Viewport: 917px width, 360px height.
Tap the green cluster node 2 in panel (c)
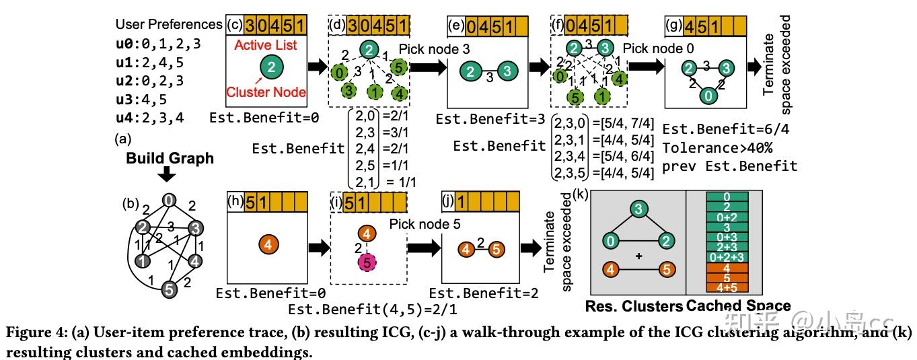click(x=270, y=67)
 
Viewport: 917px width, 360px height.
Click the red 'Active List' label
click(x=270, y=45)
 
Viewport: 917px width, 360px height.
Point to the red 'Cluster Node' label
click(x=266, y=92)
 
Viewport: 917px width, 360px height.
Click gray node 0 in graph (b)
click(x=170, y=199)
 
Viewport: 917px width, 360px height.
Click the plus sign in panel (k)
click(x=638, y=256)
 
